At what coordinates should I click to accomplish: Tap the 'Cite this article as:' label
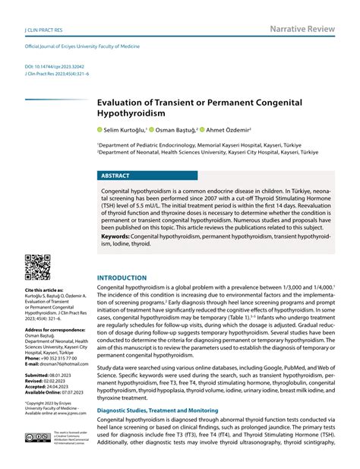43,290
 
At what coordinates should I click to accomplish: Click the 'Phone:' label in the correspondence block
33,357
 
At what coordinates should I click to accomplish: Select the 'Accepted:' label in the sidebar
36,386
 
